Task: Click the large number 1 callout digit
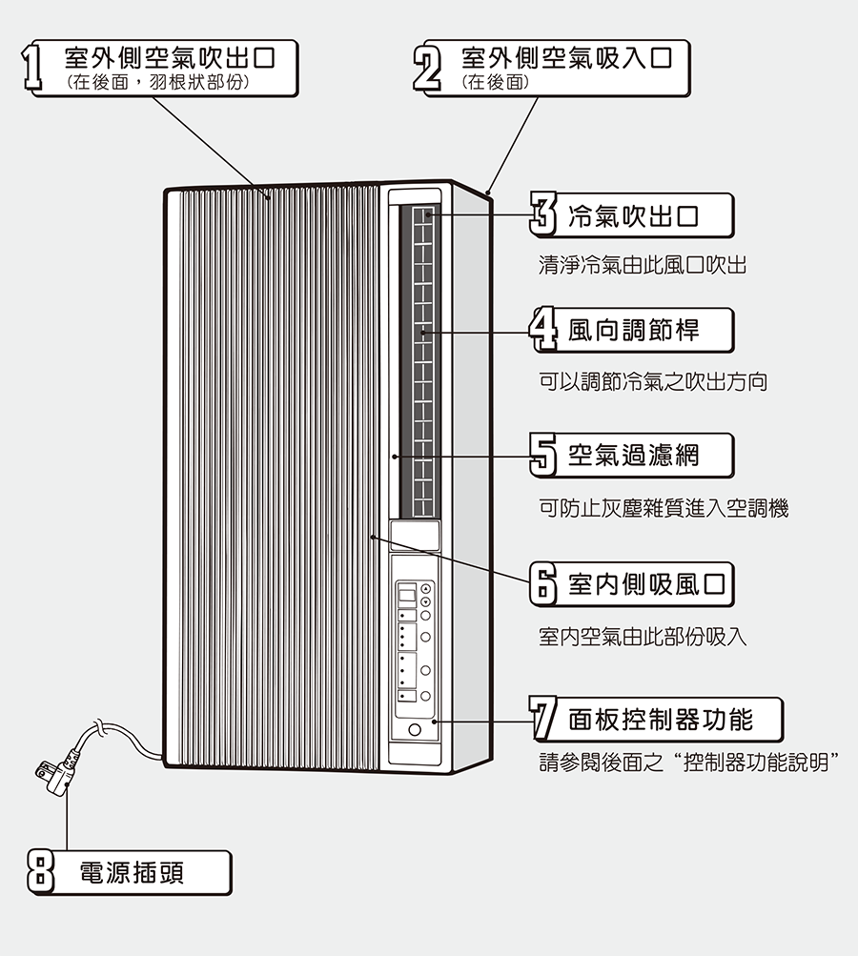click(x=35, y=69)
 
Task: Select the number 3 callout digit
click(x=541, y=214)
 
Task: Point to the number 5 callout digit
click(x=541, y=455)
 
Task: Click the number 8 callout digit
click(x=39, y=872)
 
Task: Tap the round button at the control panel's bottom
click(x=415, y=731)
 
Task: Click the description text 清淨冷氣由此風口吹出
click(x=642, y=265)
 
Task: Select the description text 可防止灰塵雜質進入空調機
click(x=664, y=508)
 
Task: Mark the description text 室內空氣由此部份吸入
click(x=642, y=636)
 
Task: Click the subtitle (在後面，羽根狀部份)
click(x=158, y=83)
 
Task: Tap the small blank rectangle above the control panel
click(x=415, y=534)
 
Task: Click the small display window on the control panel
click(x=407, y=594)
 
